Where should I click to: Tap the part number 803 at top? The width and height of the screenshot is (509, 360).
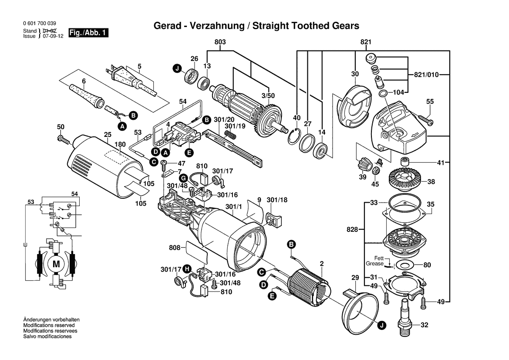tap(220, 42)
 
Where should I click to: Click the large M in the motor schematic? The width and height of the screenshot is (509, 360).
tap(56, 263)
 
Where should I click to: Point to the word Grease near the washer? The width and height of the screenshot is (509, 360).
tap(374, 264)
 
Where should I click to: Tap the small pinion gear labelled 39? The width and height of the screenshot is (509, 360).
tap(363, 166)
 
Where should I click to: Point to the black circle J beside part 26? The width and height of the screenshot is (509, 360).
tap(177, 68)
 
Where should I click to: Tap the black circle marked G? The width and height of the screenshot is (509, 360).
tap(183, 178)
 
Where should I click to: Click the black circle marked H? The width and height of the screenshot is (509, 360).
tap(187, 268)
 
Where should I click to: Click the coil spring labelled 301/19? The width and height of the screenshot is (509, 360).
tap(232, 135)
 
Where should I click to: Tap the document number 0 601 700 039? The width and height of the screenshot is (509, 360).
tap(39, 24)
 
